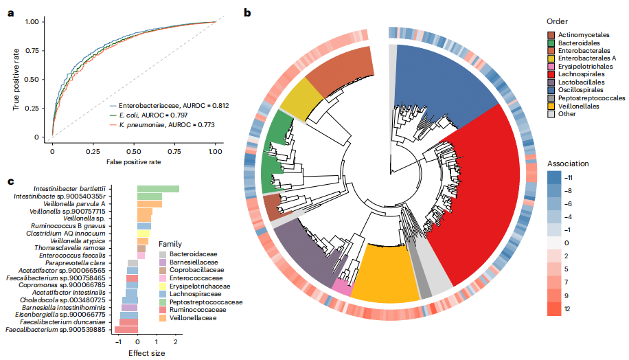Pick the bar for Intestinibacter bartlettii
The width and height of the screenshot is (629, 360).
pos(158,189)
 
